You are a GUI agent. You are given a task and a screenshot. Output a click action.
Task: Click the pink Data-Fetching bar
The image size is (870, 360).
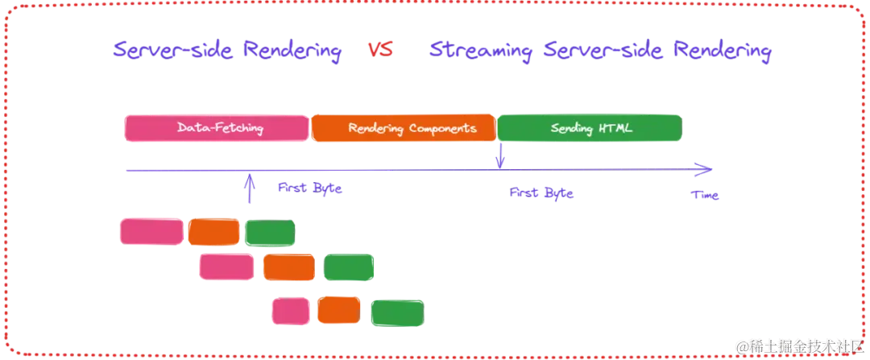click(216, 129)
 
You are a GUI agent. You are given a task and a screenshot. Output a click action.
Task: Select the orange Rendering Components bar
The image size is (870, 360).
click(403, 129)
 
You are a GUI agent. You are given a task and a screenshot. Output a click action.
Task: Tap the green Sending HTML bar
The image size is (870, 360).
click(590, 129)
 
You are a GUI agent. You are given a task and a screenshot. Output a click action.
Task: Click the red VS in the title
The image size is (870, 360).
click(379, 52)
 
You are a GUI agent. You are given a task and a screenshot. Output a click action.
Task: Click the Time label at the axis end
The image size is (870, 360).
click(705, 195)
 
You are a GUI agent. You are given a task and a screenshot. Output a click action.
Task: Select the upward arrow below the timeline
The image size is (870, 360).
click(251, 185)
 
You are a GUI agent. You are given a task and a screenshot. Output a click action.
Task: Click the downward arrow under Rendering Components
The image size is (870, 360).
click(500, 155)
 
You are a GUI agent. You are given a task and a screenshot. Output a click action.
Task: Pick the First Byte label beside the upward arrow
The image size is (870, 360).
click(310, 189)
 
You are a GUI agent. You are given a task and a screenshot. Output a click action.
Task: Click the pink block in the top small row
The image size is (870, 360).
click(151, 231)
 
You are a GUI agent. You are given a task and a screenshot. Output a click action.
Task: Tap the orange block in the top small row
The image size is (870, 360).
click(213, 231)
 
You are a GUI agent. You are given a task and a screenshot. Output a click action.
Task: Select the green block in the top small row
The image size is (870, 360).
click(270, 233)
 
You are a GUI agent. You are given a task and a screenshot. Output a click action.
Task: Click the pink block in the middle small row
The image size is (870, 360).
click(226, 267)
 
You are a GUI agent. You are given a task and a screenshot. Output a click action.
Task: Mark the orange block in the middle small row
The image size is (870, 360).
click(288, 267)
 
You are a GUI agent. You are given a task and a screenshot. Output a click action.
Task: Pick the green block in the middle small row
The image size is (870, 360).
click(349, 267)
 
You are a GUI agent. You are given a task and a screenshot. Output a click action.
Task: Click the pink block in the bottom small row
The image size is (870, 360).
click(290, 312)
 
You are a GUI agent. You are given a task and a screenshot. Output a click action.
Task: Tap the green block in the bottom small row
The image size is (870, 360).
click(396, 312)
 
